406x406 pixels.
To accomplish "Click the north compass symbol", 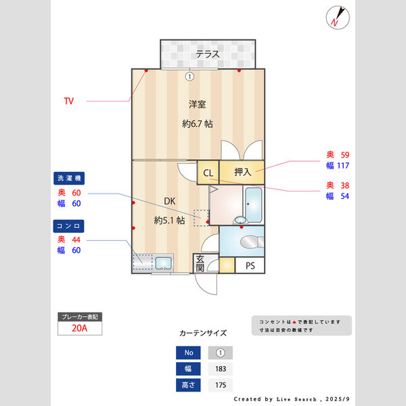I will click(336, 17).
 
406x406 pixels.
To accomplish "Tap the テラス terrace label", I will click(208, 54).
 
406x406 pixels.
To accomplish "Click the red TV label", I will click(68, 101).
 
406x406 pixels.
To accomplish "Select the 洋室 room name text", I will click(197, 104).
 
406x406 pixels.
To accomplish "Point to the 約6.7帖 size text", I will click(198, 124).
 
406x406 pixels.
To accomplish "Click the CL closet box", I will click(208, 173).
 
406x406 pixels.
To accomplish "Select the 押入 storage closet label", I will click(243, 173).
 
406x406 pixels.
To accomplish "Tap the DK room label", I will click(169, 201).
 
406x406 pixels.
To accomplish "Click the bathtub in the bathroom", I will click(254, 204).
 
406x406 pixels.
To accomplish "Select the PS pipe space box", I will click(250, 265).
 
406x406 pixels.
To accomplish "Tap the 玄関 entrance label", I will click(200, 264).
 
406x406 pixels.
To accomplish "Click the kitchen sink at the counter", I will click(163, 263).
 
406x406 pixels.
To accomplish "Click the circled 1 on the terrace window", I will click(189, 76).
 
